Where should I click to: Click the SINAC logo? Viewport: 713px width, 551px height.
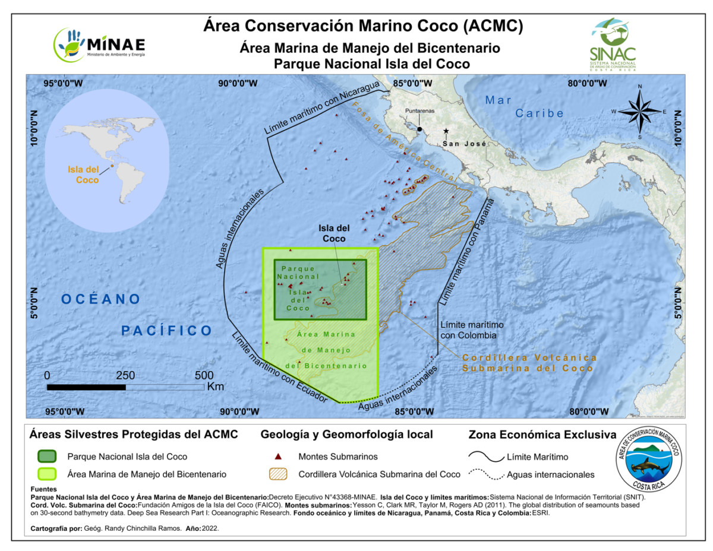point(613,43)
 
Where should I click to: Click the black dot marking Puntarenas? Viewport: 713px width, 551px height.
point(419,129)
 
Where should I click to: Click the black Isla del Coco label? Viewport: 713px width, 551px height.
point(335,233)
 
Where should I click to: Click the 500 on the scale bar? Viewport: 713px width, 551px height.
point(204,375)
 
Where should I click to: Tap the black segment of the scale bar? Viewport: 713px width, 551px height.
point(86,387)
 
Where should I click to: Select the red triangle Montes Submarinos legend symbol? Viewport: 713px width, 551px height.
point(276,457)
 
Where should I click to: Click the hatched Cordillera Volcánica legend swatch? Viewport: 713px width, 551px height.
point(276,474)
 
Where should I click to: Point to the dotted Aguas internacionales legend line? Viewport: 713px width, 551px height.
point(484,474)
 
